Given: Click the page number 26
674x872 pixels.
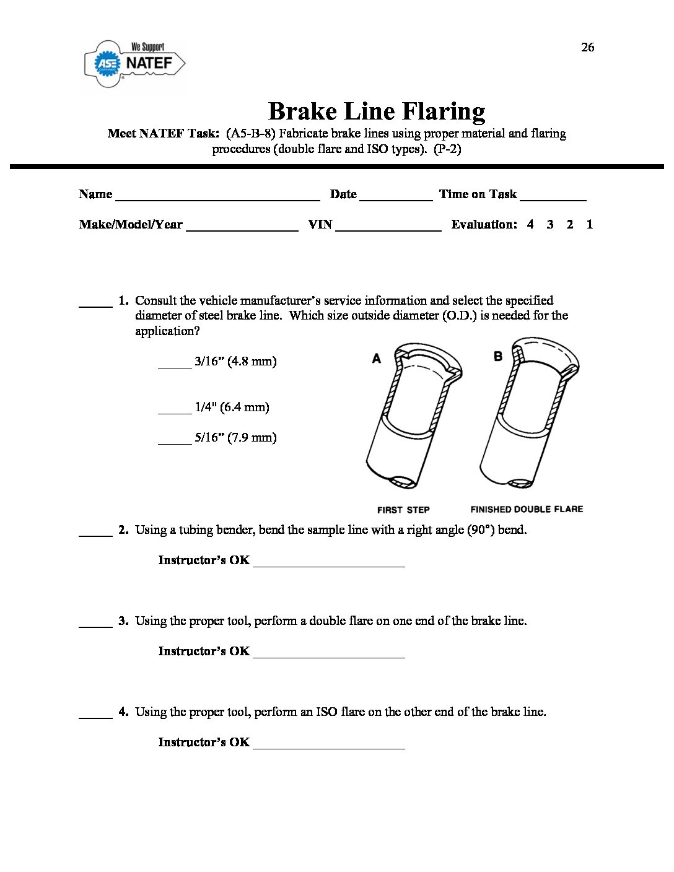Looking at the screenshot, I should tap(587, 47).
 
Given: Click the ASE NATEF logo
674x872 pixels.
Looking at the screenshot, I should tap(134, 63).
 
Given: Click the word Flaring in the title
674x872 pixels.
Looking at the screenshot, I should tap(443, 111).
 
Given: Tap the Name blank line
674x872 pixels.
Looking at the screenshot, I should tap(217, 197).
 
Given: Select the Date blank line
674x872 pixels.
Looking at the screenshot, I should tap(396, 197).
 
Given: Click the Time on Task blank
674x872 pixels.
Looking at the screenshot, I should tap(553, 197).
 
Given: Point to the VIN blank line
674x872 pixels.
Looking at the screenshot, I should tap(388, 227).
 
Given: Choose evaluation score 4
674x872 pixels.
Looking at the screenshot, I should tap(530, 224).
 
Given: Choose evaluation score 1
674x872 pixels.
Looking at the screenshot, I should tap(590, 224).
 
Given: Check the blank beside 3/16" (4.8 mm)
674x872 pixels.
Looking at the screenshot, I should tap(175, 365).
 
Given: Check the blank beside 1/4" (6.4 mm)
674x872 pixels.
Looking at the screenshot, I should tap(175, 411).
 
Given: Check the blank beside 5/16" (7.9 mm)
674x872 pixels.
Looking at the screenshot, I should tap(175, 441).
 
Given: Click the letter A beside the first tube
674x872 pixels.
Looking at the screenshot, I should tap(376, 358).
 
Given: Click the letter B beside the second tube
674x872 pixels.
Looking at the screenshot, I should tap(497, 356).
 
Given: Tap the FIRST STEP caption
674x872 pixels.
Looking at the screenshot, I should tap(403, 510).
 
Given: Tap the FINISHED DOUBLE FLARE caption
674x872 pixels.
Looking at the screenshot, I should tap(527, 509).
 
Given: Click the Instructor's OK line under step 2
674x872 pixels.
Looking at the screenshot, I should tap(328, 564).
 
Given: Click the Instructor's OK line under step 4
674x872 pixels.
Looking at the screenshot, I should tap(328, 746).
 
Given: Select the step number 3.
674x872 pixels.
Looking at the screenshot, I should tap(123, 621).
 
